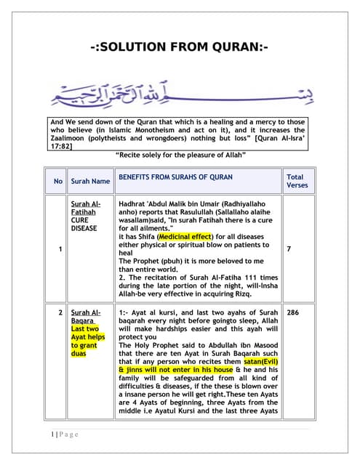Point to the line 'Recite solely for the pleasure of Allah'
(x=180, y=155)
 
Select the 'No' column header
(x=57, y=181)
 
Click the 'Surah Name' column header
(x=90, y=181)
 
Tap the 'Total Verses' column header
(x=295, y=181)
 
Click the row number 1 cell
(x=57, y=249)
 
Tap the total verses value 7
(x=289, y=249)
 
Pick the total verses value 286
(x=293, y=312)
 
